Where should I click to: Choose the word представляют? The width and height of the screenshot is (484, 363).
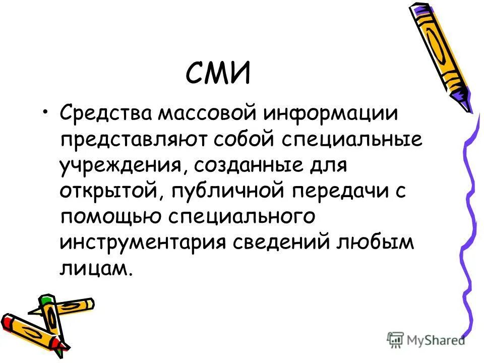coord(136,140)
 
